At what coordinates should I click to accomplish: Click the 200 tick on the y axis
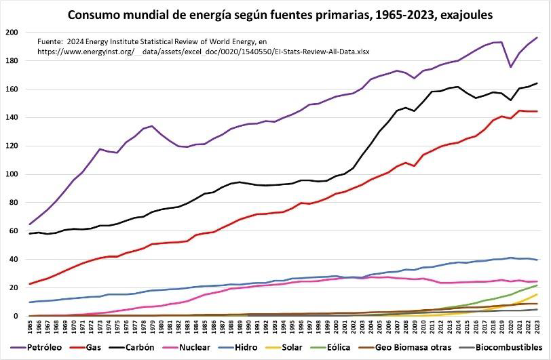coord(12,33)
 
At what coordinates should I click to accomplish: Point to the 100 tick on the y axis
coord(12,174)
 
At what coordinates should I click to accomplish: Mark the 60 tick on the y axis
coord(14,231)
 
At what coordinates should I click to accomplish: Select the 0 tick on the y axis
coord(16,316)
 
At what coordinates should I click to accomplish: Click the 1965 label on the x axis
coord(31,327)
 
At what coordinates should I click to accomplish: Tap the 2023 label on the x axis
coord(537,327)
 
